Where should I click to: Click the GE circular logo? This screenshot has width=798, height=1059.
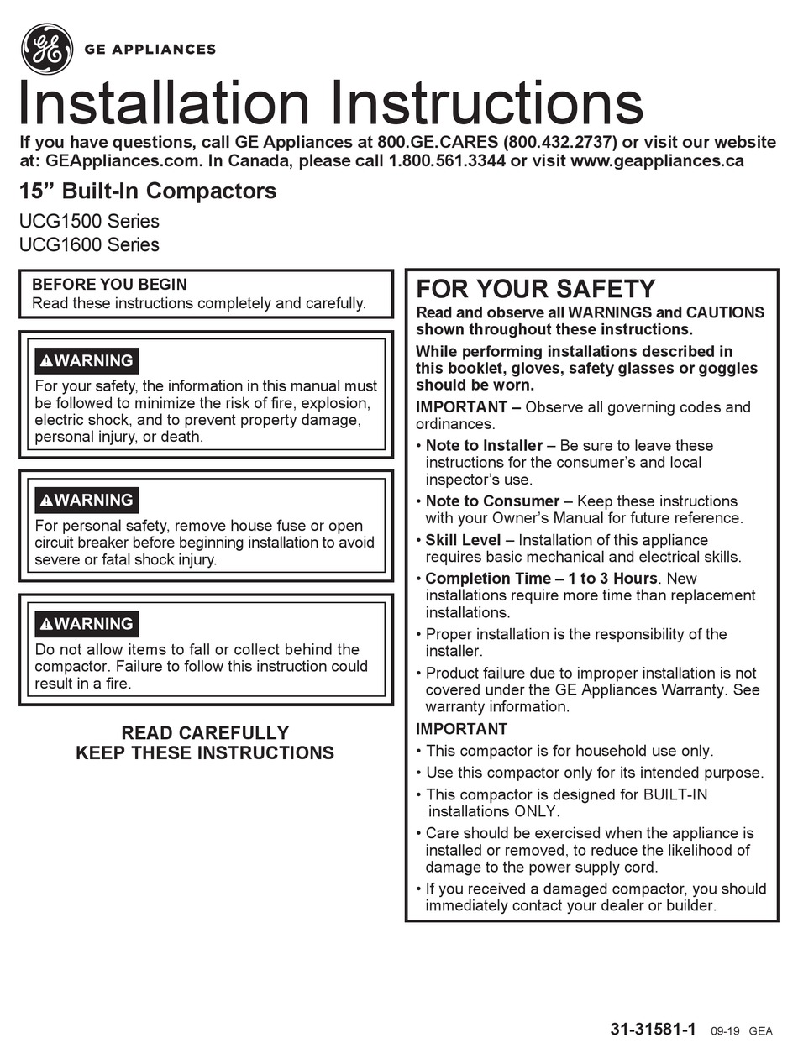point(46,49)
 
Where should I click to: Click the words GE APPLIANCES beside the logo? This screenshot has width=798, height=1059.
point(150,50)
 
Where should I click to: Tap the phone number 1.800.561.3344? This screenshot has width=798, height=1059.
point(447,161)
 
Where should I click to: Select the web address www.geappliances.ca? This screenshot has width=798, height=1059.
point(657,161)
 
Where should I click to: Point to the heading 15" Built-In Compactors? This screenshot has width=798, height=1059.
point(148,191)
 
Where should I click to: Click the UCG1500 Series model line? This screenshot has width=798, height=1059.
point(89,222)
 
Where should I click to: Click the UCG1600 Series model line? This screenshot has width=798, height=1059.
point(89,245)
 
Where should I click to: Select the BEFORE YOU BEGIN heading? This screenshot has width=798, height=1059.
point(109,285)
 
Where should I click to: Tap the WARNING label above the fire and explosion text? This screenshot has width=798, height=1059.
point(87,361)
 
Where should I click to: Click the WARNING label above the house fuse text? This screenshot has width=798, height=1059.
point(87,501)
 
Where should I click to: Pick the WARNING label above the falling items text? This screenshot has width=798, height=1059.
point(87,624)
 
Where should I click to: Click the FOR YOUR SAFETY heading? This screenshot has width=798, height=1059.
point(535,289)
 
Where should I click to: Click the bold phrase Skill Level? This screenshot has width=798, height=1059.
point(463,540)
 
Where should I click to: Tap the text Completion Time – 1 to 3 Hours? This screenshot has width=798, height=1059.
point(541,579)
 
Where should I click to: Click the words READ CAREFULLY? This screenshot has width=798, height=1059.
point(205,733)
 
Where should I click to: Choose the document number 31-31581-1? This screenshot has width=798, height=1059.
point(653,1030)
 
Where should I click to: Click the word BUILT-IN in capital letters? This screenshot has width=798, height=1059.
point(675,794)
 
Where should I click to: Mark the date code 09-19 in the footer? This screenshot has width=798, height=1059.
point(724,1031)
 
